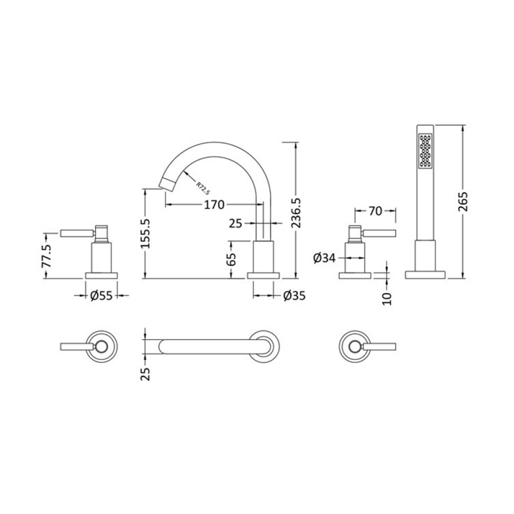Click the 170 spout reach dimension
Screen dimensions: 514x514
tap(214, 205)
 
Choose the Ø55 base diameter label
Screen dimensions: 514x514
tap(102, 296)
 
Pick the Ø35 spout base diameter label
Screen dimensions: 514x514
tap(293, 296)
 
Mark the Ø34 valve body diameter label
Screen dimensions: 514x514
tap(324, 258)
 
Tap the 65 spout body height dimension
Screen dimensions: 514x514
tap(232, 259)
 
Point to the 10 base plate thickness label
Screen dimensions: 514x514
tap(385, 297)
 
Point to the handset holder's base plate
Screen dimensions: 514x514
tap(425, 274)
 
